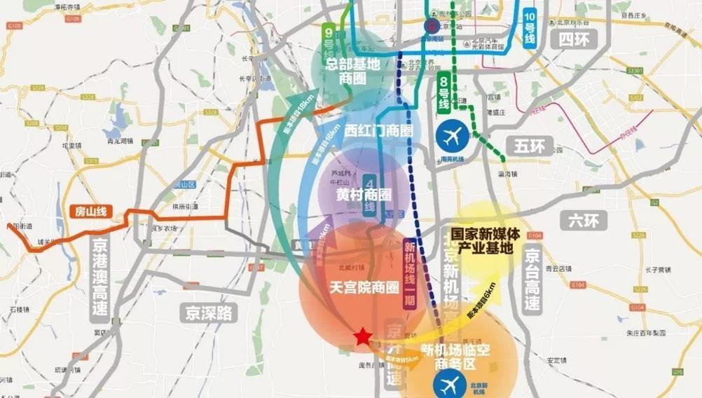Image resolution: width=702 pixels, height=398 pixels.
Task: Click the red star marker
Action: tap(362, 337)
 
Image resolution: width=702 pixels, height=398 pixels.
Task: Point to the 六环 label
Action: tap(582, 221)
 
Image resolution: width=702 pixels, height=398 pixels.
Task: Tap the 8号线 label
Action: tap(443, 90)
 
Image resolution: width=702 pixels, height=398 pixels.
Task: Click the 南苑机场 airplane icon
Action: tap(453, 135)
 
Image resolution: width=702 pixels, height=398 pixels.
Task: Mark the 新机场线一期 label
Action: tap(410, 275)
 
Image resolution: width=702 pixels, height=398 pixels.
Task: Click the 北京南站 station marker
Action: tap(432, 25)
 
